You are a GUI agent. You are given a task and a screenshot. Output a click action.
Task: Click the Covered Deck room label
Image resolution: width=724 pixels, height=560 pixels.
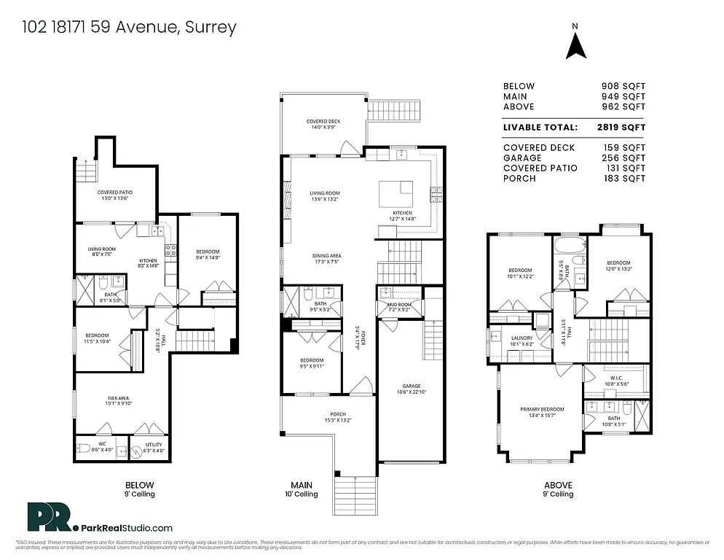pyautogui.click(x=323, y=125)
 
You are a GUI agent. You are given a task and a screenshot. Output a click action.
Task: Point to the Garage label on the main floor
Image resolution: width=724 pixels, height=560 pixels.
pyautogui.click(x=410, y=389)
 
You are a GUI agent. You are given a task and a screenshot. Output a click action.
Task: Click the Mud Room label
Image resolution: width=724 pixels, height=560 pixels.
pyautogui.click(x=398, y=306)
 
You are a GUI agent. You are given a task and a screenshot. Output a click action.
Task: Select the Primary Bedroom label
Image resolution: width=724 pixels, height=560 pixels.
pyautogui.click(x=540, y=413)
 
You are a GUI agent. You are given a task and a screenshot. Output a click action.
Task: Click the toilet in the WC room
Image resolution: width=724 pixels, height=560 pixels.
pyautogui.click(x=83, y=448)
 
